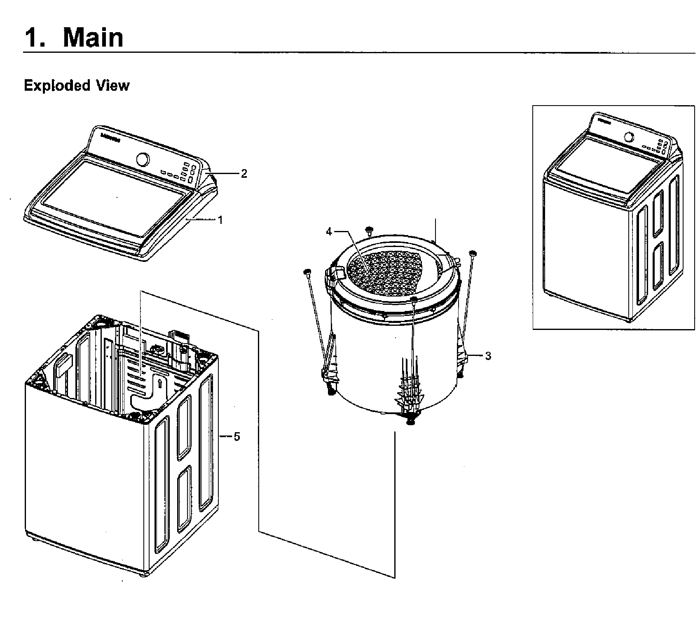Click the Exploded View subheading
click(77, 85)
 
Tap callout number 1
click(220, 220)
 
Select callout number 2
click(244, 174)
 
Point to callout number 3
click(488, 355)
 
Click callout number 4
click(329, 232)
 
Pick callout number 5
click(236, 436)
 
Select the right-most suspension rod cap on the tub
click(473, 252)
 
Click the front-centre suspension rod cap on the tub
click(414, 299)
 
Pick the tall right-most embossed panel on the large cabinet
click(205, 443)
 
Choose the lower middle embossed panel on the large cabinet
click(185, 498)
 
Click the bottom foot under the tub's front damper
click(410, 421)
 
